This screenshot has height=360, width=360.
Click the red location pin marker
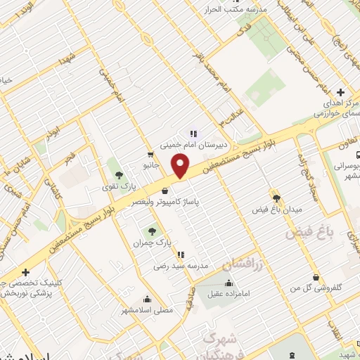(181, 166)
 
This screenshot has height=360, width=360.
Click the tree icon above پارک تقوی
(117, 173)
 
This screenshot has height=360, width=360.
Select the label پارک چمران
(153, 242)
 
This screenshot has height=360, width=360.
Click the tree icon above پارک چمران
(152, 231)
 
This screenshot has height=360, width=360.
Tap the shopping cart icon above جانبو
(150, 155)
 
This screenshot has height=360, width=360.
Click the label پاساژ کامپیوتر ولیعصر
(165, 201)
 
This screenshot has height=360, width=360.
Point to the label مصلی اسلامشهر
(147, 310)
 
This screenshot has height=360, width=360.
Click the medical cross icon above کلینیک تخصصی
(25, 272)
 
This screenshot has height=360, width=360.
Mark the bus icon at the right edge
(357, 155)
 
